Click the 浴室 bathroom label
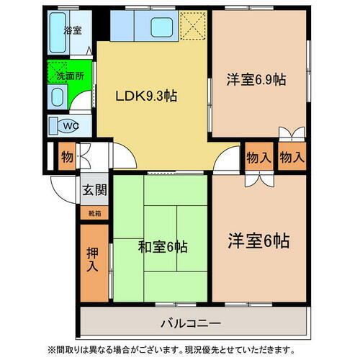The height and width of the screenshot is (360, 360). click(73, 31)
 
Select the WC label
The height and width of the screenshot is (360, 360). click(70, 127)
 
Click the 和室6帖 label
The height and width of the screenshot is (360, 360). click(163, 248)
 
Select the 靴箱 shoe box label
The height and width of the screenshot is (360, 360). click(94, 213)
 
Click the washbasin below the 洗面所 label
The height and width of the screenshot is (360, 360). click(58, 98)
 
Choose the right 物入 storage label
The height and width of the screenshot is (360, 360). click(291, 157)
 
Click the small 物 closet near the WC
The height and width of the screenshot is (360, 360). click(66, 156)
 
